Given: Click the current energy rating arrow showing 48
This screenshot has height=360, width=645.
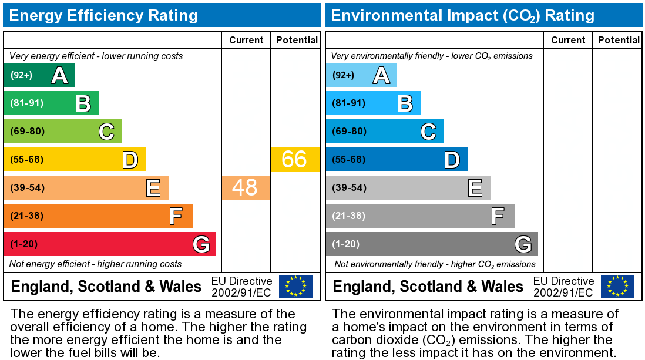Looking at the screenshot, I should [246, 187].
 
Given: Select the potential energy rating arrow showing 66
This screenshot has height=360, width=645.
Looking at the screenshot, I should [295, 159].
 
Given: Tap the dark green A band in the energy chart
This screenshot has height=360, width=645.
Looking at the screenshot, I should [39, 75].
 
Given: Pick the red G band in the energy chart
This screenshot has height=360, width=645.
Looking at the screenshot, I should [110, 244].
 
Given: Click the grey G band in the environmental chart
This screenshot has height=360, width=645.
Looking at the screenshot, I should [432, 244].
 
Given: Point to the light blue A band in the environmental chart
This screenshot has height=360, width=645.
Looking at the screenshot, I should [361, 75].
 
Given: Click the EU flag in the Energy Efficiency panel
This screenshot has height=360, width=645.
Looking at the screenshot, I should [295, 286].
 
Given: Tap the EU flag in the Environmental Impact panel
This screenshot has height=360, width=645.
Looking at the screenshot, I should [617, 286].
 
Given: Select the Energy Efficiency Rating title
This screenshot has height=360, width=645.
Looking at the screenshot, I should [103, 15].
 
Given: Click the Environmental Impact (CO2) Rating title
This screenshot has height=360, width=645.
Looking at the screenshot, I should [463, 15].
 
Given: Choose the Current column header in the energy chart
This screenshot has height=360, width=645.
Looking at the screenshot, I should [246, 40].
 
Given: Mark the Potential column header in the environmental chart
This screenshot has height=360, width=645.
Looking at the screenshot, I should [619, 40].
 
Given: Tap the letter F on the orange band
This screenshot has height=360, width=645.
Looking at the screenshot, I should [176, 216].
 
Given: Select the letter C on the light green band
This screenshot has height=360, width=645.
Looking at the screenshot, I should [106, 132].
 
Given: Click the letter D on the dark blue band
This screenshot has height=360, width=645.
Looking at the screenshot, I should [451, 160].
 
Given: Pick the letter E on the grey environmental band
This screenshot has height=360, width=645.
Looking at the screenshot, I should [475, 188].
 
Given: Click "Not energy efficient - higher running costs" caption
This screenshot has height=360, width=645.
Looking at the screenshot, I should [96, 264].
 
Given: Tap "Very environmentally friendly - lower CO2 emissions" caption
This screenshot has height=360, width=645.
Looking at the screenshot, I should [432, 56].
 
